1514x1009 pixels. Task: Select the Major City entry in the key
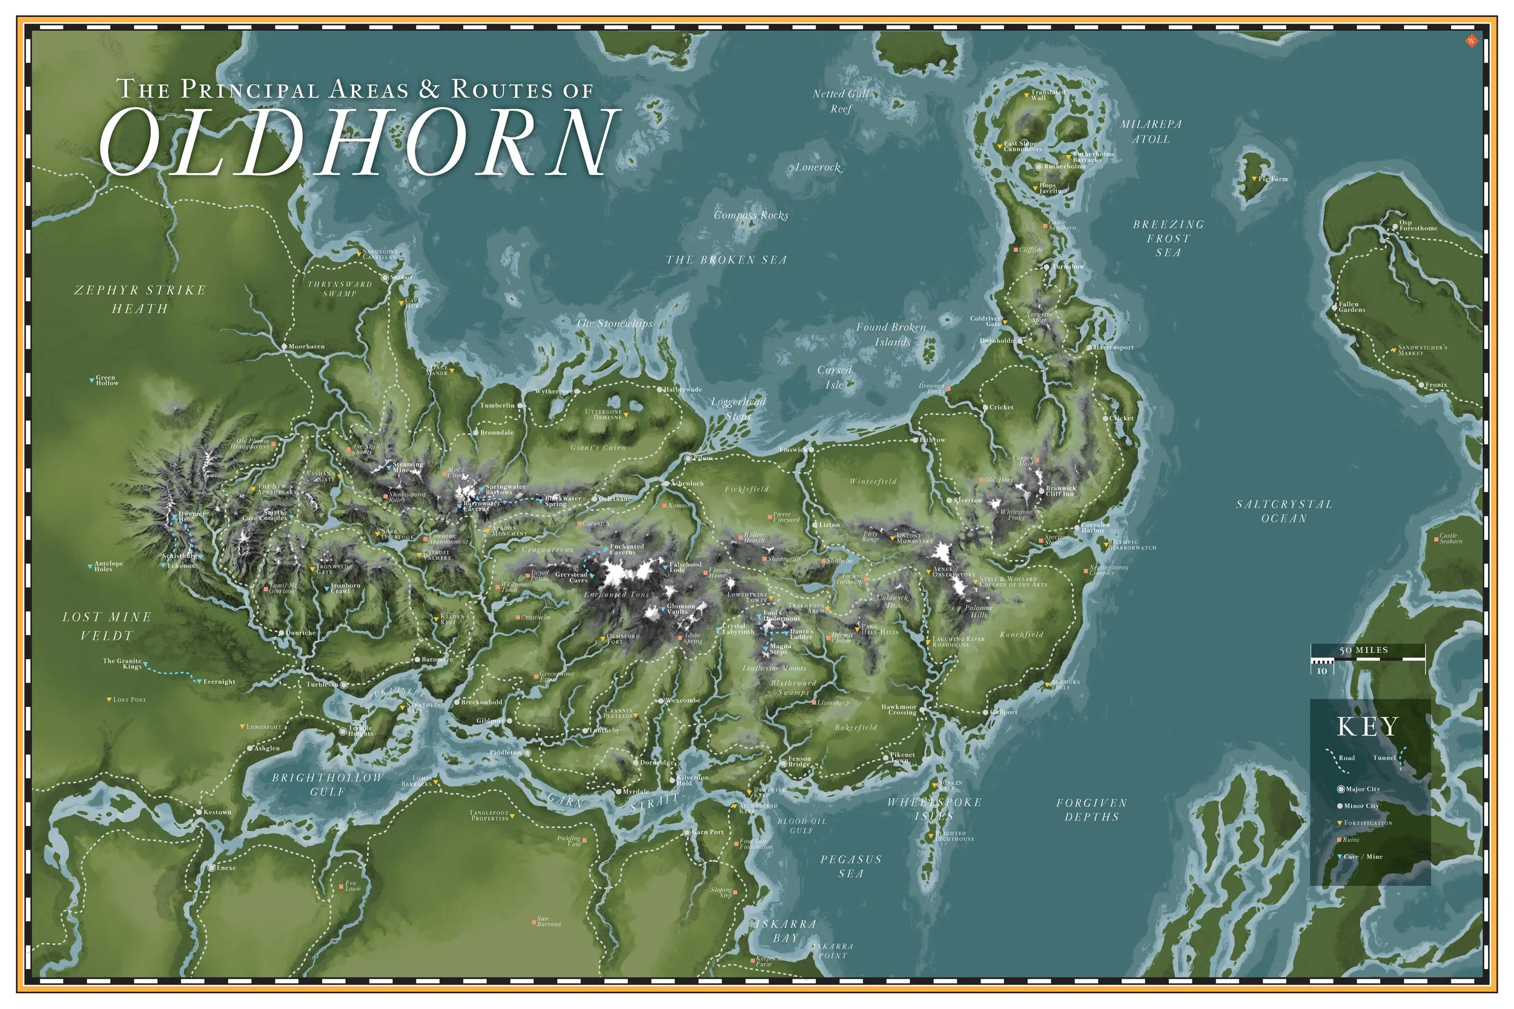pyautogui.click(x=1362, y=789)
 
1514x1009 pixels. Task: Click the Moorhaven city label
pyautogui.click(x=306, y=347)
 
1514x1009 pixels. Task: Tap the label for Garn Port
pyautogui.click(x=707, y=832)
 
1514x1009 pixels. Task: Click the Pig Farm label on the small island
pyautogui.click(x=1272, y=179)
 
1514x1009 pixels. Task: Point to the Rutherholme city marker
pyautogui.click(x=1038, y=166)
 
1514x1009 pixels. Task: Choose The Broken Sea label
pyautogui.click(x=726, y=260)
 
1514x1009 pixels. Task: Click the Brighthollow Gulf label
pyautogui.click(x=328, y=784)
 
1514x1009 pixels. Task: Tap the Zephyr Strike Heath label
pyautogui.click(x=140, y=299)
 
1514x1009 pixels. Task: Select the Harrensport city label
pyautogui.click(x=1114, y=347)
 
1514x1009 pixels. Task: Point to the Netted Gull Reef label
pyautogui.click(x=841, y=101)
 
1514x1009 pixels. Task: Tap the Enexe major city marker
pyautogui.click(x=211, y=868)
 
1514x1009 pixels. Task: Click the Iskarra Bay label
pyautogui.click(x=785, y=931)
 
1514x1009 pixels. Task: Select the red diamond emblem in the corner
pyautogui.click(x=1470, y=41)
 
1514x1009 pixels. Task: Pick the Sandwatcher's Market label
pyautogui.click(x=1421, y=350)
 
